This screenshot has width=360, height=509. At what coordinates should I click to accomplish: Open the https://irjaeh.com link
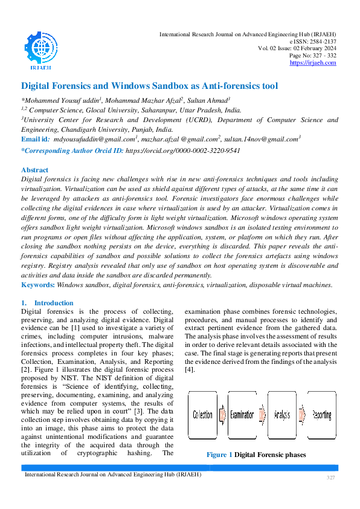pos(313,63)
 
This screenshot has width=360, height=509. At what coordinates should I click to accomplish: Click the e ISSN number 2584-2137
pos(322,41)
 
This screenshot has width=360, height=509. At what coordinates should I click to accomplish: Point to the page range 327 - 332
pos(323,56)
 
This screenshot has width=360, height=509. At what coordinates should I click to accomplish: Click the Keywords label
pos(38,285)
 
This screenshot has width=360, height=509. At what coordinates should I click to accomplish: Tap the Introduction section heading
pos(54,303)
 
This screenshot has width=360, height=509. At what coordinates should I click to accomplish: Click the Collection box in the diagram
pos(202,415)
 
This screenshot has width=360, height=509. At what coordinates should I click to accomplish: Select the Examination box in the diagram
pos(242,415)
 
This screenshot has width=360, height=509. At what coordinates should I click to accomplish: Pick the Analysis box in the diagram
pos(282,415)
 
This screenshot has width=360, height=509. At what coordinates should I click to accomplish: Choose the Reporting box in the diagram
pos(321,415)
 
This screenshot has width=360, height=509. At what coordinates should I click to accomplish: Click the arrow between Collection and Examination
pos(220,415)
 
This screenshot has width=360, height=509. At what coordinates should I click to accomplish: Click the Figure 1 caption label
pos(219,455)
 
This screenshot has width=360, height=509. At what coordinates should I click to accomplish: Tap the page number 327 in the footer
pos(330,478)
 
